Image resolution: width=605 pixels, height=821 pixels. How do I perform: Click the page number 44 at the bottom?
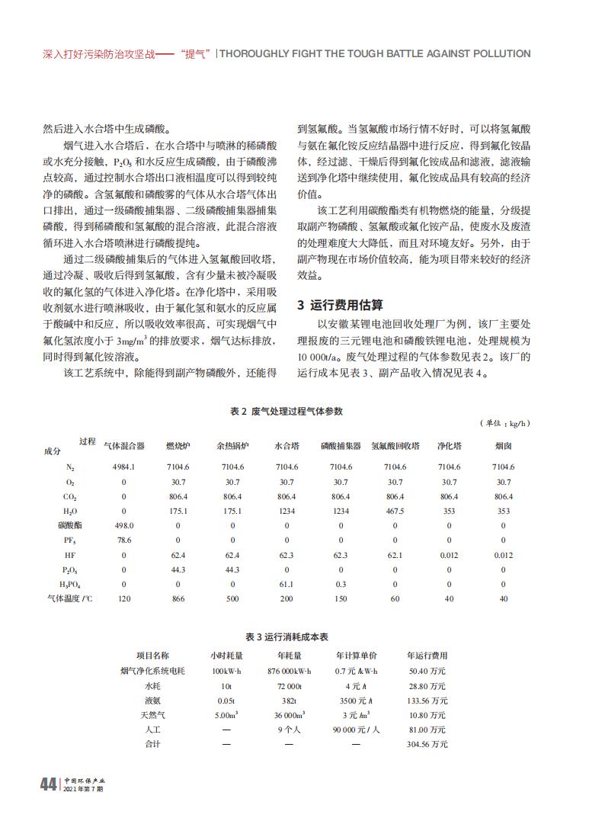(47, 784)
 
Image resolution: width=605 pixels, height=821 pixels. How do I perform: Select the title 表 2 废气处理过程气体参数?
(286, 412)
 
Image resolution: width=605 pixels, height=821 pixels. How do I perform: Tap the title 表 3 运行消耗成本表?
(286, 636)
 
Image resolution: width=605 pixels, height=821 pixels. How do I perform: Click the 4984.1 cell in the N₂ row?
(123, 467)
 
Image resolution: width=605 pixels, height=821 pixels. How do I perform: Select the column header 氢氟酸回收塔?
(395, 445)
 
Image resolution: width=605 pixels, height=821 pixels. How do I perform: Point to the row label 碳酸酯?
(70, 525)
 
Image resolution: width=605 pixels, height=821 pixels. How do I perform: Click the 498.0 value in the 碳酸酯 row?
(123, 525)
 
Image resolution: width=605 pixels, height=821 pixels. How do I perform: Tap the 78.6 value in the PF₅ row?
(123, 540)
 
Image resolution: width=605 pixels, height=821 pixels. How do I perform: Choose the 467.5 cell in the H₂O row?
(395, 511)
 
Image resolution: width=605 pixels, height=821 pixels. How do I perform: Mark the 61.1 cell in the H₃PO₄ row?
(286, 584)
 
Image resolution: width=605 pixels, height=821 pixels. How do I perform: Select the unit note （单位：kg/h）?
(504, 424)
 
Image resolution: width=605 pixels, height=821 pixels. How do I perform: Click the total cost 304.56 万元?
(427, 744)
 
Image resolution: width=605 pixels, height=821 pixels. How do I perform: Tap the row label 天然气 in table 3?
(152, 715)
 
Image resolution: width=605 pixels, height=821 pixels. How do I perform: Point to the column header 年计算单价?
(357, 656)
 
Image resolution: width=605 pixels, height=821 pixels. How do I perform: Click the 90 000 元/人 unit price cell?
(357, 730)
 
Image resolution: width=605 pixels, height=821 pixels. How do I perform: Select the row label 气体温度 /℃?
(70, 599)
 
